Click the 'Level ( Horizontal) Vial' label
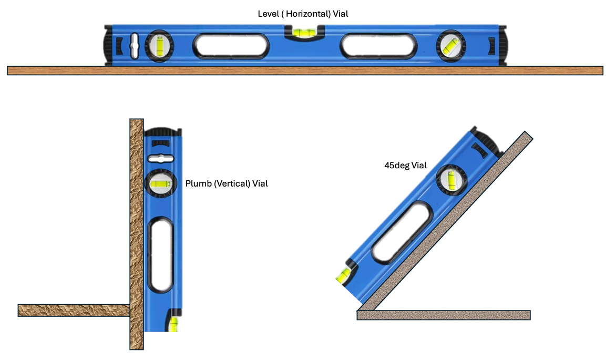[303, 14]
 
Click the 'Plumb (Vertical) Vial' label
[227, 184]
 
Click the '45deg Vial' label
[405, 165]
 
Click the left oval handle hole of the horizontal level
[231, 46]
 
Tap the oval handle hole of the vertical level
[161, 254]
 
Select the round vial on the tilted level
[451, 180]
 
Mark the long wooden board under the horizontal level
[305, 70]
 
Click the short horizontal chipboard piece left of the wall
[74, 310]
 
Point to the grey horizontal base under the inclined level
[443, 315]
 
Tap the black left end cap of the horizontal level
[108, 46]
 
